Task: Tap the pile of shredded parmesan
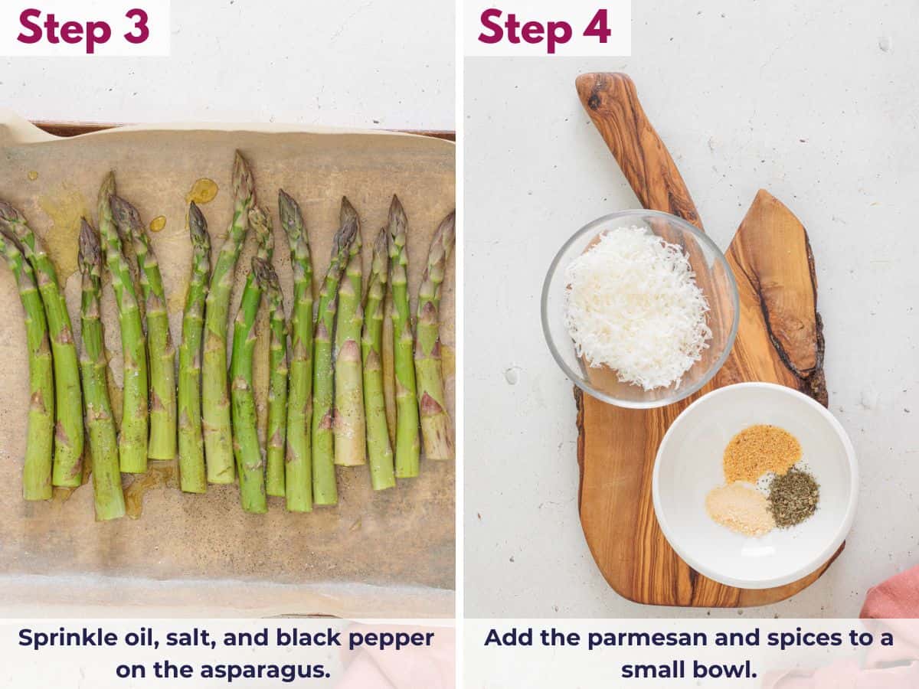pos(637,306)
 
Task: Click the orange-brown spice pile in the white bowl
pos(761,452)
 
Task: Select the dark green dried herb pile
pos(793,498)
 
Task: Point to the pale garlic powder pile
pos(740,508)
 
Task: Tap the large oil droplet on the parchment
pos(203,191)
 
